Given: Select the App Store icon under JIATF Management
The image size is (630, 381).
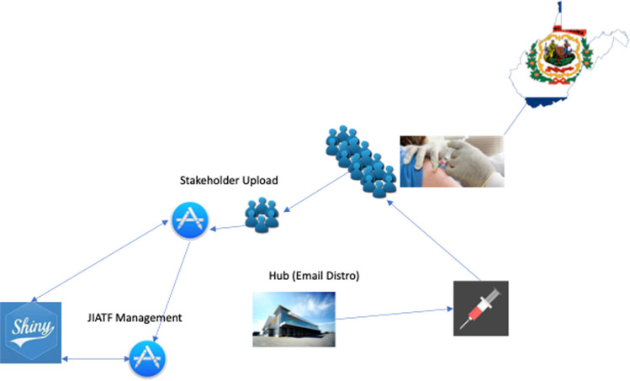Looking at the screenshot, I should pyautogui.click(x=146, y=357).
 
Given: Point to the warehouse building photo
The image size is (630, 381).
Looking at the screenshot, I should pyautogui.click(x=294, y=320).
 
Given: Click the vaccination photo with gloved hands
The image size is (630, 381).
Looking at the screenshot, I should pyautogui.click(x=451, y=161).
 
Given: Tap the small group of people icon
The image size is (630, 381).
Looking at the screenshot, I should pyautogui.click(x=262, y=214).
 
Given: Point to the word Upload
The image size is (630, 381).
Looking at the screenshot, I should pyautogui.click(x=261, y=180).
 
